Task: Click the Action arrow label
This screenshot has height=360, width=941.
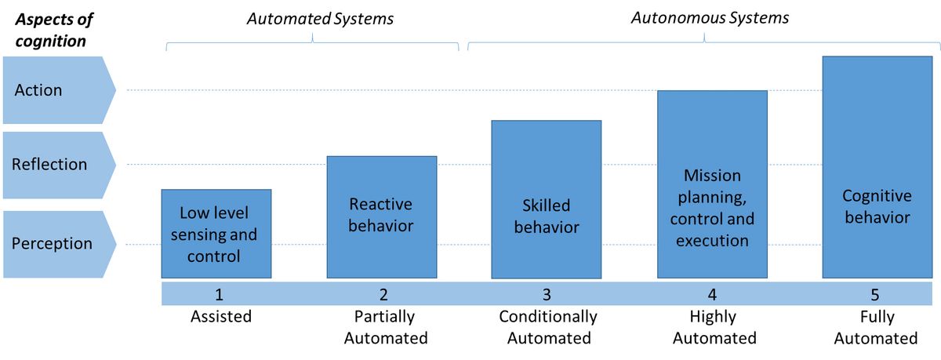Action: (59, 90)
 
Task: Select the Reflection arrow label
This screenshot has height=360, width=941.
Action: (59, 165)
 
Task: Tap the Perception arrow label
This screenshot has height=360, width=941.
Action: (59, 244)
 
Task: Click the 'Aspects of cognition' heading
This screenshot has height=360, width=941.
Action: (54, 31)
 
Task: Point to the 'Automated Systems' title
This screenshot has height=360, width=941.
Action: (320, 19)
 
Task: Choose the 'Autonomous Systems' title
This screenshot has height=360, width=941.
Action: (710, 18)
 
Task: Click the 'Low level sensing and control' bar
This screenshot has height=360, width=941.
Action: (216, 234)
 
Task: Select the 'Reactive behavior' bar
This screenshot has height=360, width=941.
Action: (382, 216)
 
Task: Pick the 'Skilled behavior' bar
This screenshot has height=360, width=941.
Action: (547, 199)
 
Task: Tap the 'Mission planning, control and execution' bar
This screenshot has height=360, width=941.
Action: (713, 184)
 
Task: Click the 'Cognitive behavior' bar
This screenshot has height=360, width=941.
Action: (877, 167)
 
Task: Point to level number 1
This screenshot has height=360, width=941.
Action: (220, 294)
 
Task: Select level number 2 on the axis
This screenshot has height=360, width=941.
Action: (383, 294)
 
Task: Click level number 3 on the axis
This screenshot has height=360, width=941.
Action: (547, 294)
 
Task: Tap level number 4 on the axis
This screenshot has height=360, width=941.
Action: (712, 294)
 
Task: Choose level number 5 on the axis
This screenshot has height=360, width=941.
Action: (875, 294)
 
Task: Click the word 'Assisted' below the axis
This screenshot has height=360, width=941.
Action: (221, 316)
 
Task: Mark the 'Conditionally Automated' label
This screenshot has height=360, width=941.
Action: (548, 327)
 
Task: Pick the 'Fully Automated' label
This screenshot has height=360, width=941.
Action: (877, 327)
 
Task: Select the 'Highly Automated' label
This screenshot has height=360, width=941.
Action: (714, 327)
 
